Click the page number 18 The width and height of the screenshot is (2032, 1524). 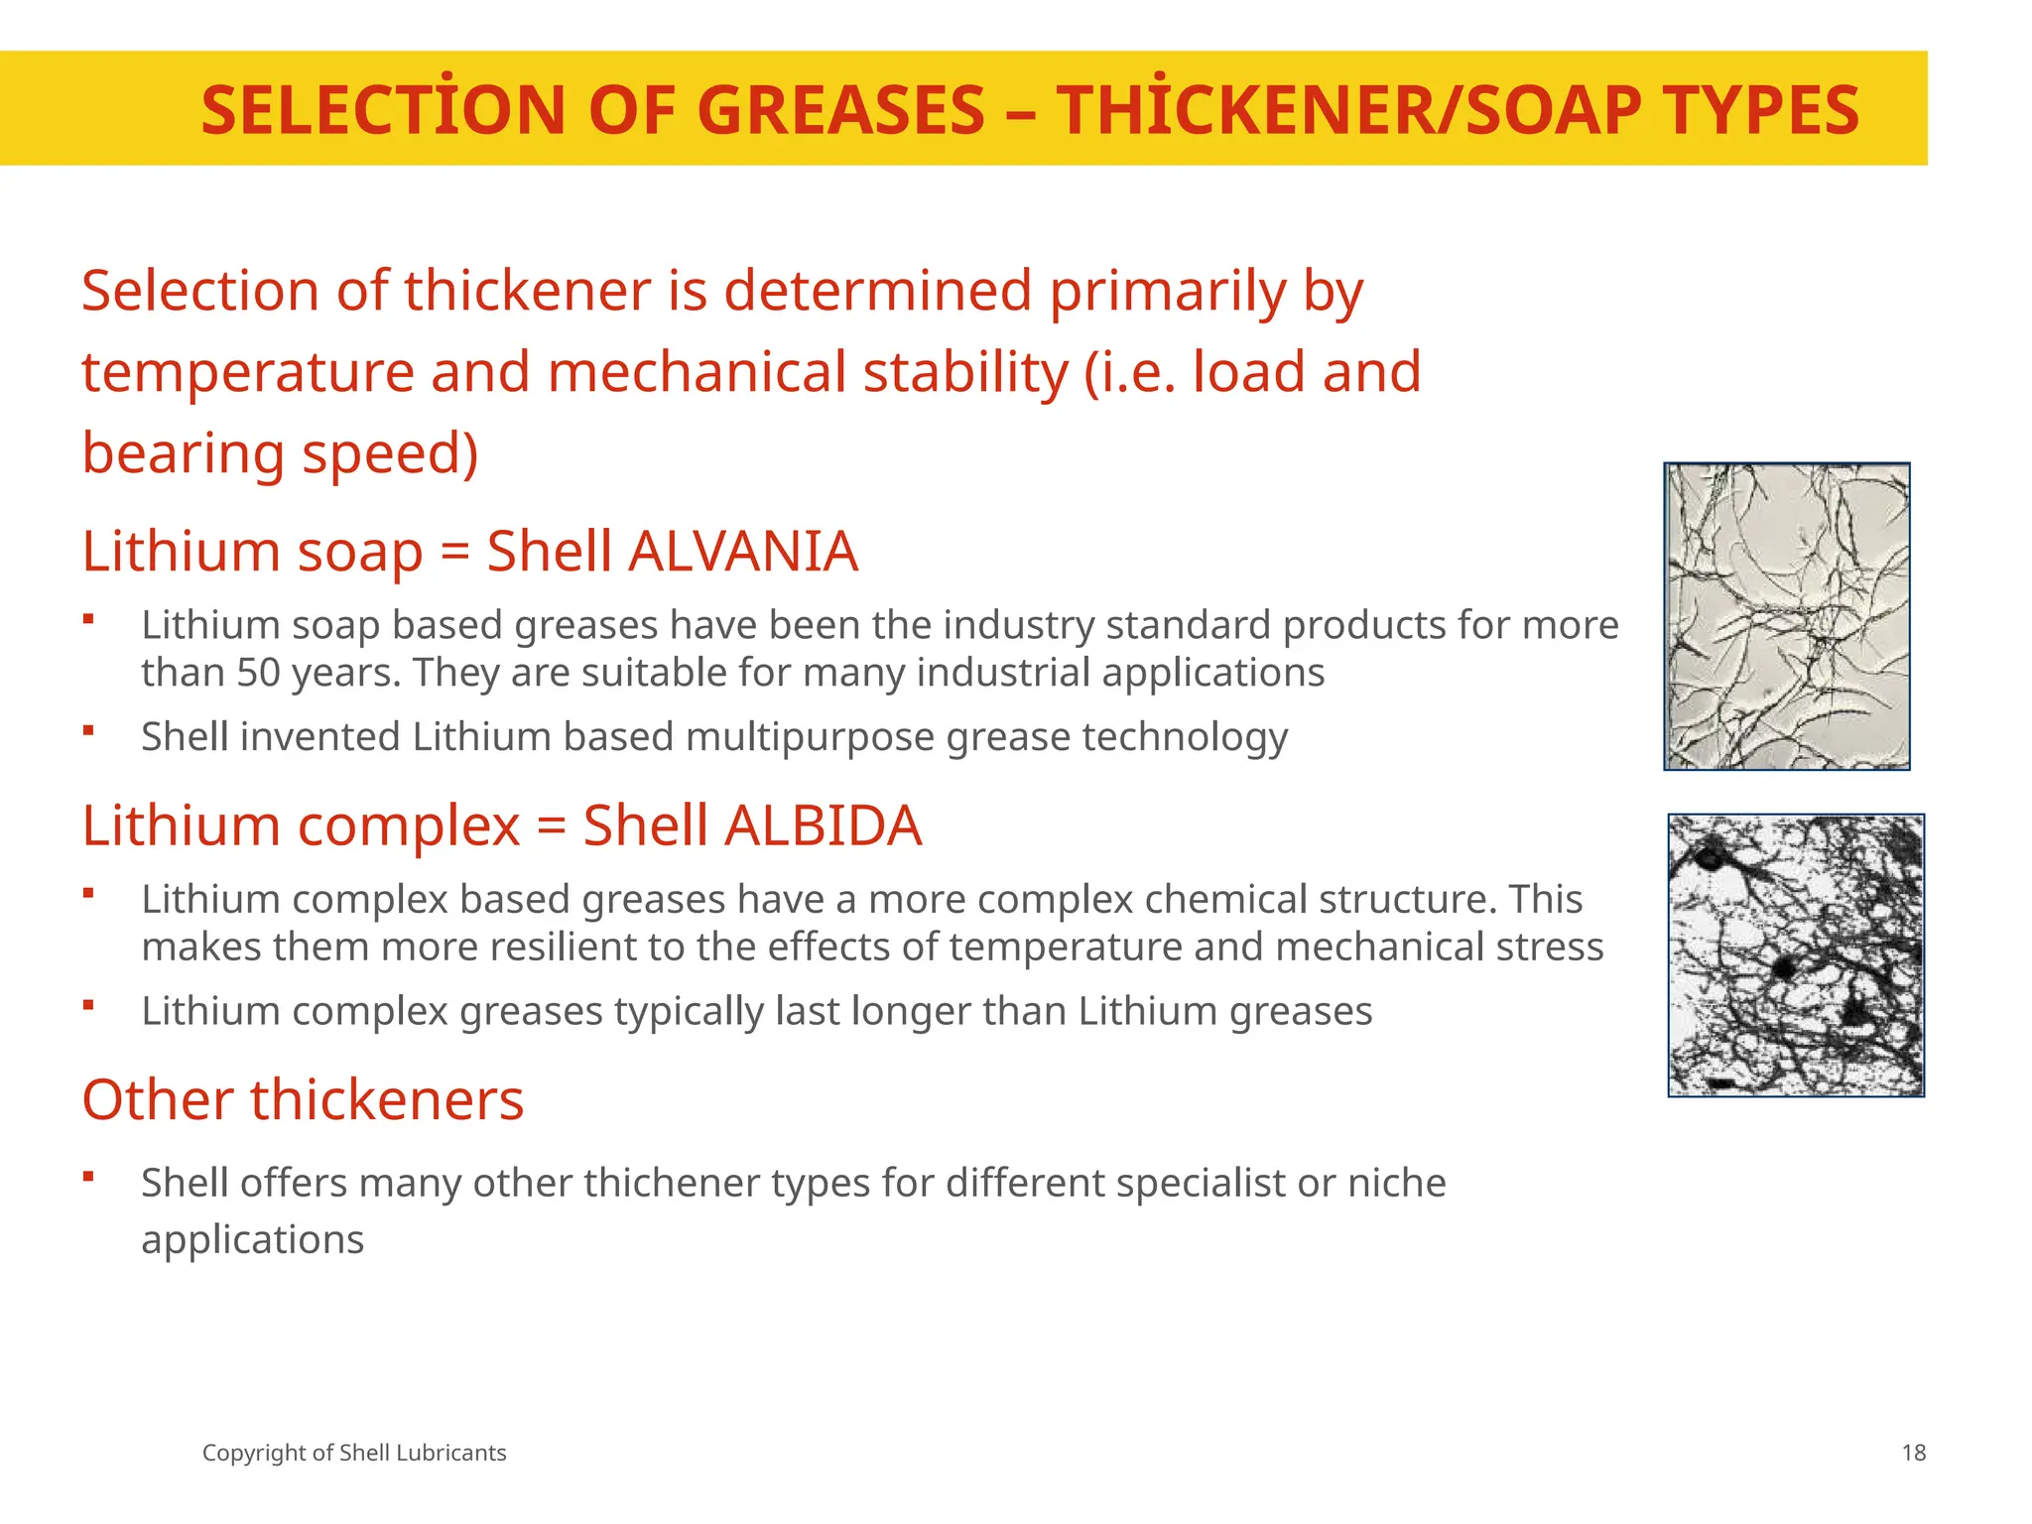pyautogui.click(x=1913, y=1454)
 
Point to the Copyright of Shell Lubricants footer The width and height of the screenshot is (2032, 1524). pyautogui.click(x=354, y=1454)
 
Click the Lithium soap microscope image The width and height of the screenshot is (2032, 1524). pyautogui.click(x=1786, y=616)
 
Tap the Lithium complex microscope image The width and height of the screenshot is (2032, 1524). pyautogui.click(x=1796, y=955)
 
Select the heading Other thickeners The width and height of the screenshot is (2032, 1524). pyautogui.click(x=303, y=1100)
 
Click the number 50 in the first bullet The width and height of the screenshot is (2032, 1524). pyautogui.click(x=259, y=673)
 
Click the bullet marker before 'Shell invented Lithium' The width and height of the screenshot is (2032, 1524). pyautogui.click(x=88, y=731)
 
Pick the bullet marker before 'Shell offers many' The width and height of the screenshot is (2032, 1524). pyautogui.click(x=88, y=1177)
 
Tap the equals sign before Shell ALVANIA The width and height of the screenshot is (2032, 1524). pyautogui.click(x=454, y=552)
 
